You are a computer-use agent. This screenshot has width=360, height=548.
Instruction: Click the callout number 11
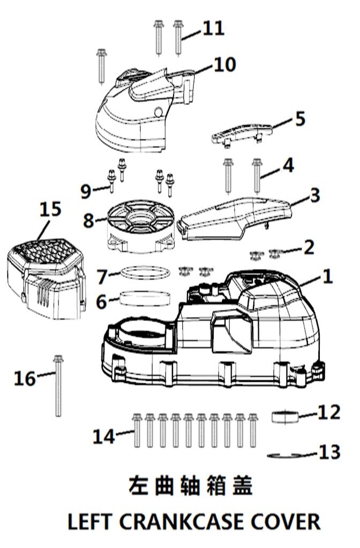213,28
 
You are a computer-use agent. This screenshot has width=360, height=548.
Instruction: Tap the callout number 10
225,64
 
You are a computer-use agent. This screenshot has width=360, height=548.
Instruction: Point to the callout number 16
24,378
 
